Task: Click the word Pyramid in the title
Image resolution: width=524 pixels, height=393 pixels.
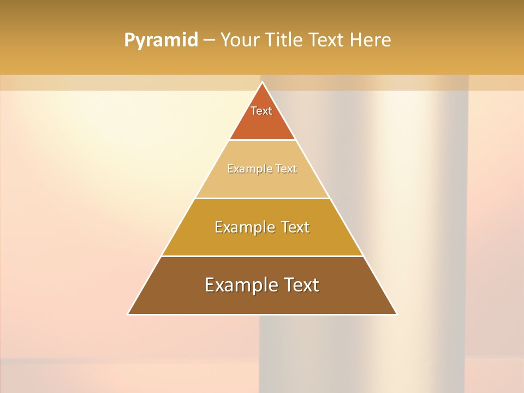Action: pos(160,40)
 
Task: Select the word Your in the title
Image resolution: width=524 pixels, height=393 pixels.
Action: pos(240,40)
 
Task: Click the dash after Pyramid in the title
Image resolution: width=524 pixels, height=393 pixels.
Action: pos(209,40)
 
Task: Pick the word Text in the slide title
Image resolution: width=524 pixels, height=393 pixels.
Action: pos(327,40)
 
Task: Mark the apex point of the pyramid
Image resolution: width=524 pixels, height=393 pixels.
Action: pos(262,82)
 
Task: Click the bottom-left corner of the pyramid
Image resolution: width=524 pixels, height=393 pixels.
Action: pos(128,314)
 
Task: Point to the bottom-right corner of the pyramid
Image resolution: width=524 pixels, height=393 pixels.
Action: pos(396,314)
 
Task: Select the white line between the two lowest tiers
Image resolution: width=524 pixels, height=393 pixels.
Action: pos(262,256)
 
